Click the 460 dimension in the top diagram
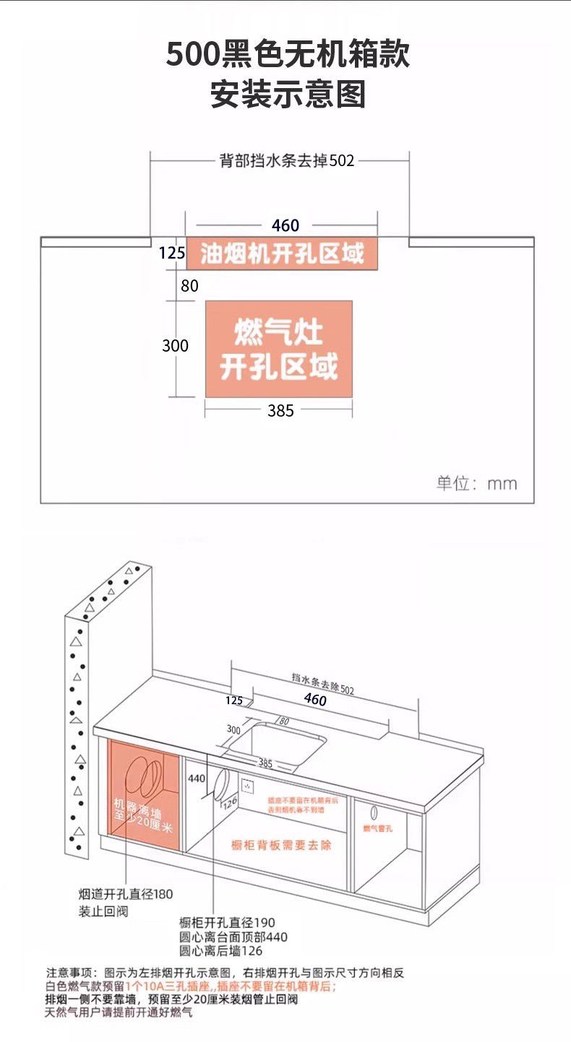click(285, 225)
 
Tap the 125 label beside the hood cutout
click(172, 253)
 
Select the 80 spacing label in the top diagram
click(189, 286)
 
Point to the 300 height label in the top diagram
click(175, 346)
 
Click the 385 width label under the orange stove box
click(280, 411)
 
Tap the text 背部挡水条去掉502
click(287, 160)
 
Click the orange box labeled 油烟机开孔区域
click(282, 253)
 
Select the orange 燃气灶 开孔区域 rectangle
click(279, 349)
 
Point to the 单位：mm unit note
click(476, 483)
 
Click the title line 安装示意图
click(288, 95)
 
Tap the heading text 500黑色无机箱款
click(288, 55)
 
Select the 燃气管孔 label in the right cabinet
click(377, 828)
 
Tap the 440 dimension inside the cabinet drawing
click(197, 779)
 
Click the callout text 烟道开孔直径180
click(126, 894)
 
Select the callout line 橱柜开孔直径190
click(227, 923)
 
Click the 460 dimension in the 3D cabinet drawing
click(315, 700)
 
